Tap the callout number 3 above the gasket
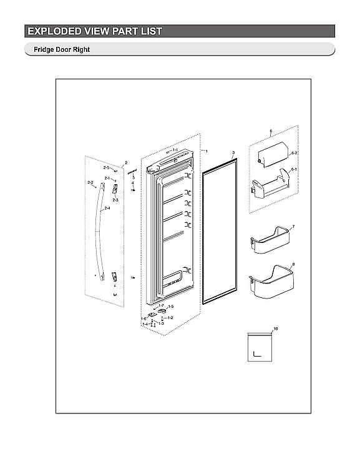pyautogui.click(x=233, y=152)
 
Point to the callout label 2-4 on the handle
pyautogui.click(x=107, y=208)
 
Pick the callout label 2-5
pyautogui.click(x=107, y=168)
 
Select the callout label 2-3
pyautogui.click(x=115, y=199)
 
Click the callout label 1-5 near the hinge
pyautogui.click(x=171, y=307)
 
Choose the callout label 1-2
pyautogui.click(x=170, y=318)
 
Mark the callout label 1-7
pyautogui.click(x=161, y=305)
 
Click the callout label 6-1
pyautogui.click(x=294, y=169)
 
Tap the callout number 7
pyautogui.click(x=293, y=226)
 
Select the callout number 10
pyautogui.click(x=276, y=328)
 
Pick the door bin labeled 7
pyautogui.click(x=269, y=243)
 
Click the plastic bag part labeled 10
pyautogui.click(x=260, y=347)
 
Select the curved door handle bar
pyautogui.click(x=97, y=231)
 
